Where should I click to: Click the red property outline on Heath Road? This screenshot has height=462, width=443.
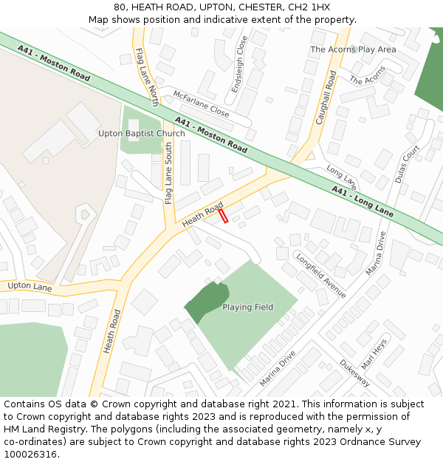click(223, 215)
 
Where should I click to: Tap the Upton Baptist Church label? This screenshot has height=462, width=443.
click(142, 134)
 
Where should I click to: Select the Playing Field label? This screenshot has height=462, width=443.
click(248, 308)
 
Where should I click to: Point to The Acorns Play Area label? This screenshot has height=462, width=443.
click(353, 50)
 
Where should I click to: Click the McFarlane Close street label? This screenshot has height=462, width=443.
click(201, 104)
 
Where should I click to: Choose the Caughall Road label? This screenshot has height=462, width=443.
click(326, 97)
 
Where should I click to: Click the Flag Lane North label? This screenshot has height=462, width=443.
click(147, 77)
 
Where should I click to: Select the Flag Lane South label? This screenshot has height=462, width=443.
click(168, 174)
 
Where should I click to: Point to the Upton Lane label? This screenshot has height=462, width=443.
click(30, 286)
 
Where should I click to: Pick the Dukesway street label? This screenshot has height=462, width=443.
click(354, 373)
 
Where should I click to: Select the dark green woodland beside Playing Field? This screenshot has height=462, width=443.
click(202, 300)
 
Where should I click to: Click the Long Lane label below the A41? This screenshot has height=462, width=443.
click(341, 175)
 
